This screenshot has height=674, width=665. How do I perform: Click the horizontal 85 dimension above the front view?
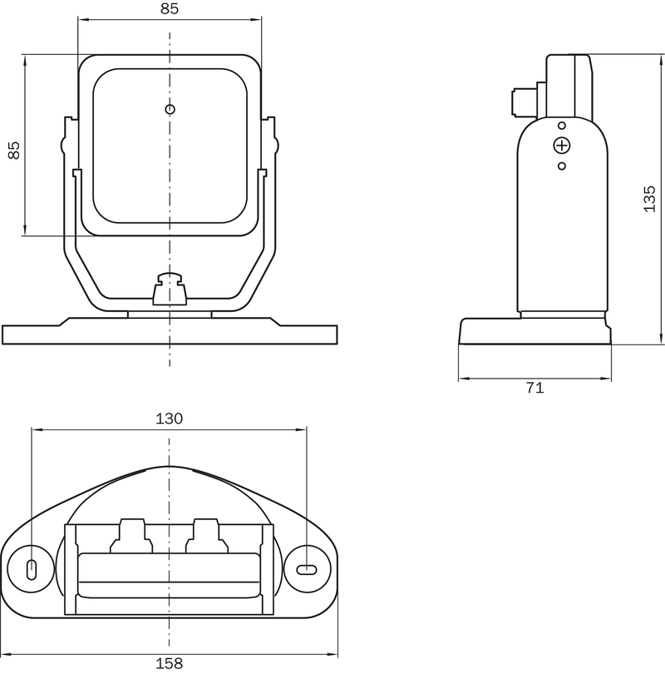click(x=170, y=8)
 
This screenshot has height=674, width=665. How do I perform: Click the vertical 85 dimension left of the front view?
click(x=14, y=150)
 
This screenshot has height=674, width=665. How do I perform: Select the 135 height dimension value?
click(x=649, y=199)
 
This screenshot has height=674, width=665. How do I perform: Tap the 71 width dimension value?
click(x=535, y=388)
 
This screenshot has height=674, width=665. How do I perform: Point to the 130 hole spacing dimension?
click(x=169, y=419)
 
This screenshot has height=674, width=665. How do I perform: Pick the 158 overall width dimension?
click(x=169, y=664)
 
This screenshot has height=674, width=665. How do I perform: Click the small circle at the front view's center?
click(x=170, y=109)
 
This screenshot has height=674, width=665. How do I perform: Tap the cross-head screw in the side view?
click(x=562, y=146)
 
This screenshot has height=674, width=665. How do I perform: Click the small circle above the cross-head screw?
click(x=562, y=126)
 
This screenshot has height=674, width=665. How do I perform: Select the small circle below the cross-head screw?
click(x=562, y=166)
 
